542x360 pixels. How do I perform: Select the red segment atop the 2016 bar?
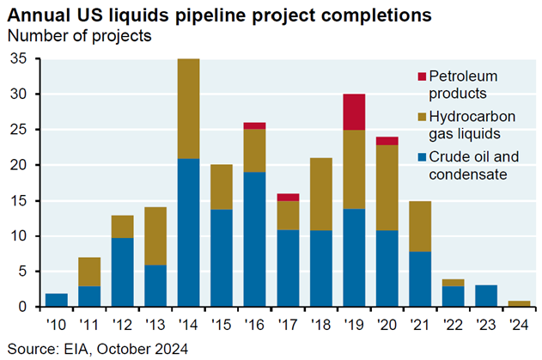click(254, 125)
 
